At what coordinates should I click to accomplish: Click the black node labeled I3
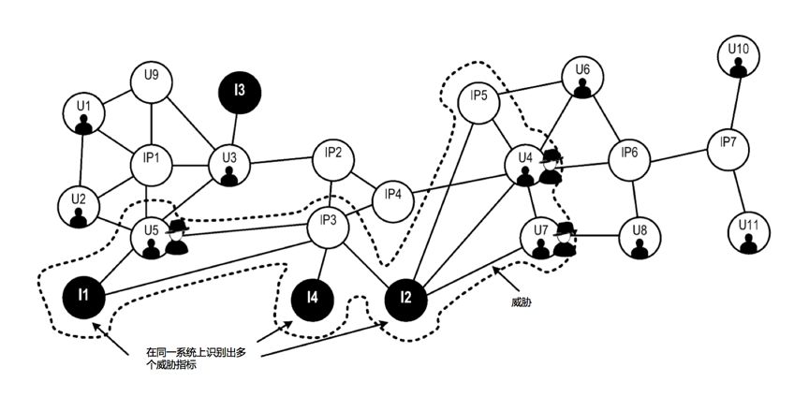click(x=240, y=92)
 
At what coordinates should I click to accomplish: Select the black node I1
click(x=83, y=296)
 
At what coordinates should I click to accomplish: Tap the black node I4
click(x=312, y=298)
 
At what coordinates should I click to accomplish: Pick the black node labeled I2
click(x=406, y=298)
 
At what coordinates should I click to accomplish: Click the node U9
click(x=151, y=82)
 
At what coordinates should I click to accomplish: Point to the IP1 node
click(x=150, y=165)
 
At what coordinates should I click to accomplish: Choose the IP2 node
click(x=333, y=160)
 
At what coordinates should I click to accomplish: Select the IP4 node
click(x=392, y=201)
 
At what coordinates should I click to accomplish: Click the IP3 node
click(x=328, y=228)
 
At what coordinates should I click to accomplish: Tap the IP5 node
click(x=478, y=103)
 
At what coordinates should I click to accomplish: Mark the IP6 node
click(x=629, y=159)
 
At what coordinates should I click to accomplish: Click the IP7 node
click(x=728, y=150)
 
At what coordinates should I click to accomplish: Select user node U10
click(x=739, y=57)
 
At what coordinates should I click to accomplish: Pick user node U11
click(x=749, y=233)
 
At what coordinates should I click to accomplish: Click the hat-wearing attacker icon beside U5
click(x=177, y=237)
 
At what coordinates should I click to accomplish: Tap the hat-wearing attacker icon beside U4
click(x=551, y=167)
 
